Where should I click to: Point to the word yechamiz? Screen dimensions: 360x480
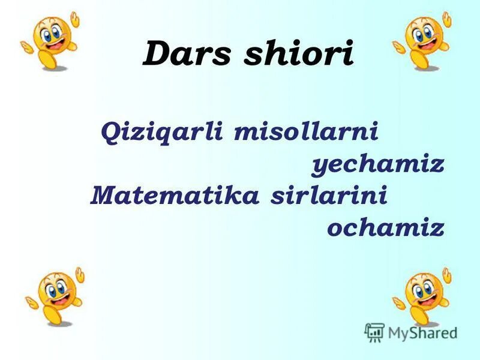coord(378,164)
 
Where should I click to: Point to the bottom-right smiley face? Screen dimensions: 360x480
coord(424,294)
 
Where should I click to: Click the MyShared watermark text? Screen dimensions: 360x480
coord(422,332)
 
